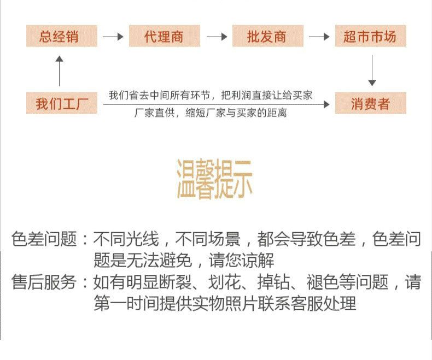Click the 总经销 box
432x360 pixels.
59,37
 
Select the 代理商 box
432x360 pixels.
164,37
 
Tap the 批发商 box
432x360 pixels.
267,37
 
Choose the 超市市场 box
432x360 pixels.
370,37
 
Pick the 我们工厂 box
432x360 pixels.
62,103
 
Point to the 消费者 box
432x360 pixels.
370,103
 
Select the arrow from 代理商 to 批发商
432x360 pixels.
216,37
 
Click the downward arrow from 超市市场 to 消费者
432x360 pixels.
372,70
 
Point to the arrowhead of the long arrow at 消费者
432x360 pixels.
326,104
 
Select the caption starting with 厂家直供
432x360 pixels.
211,114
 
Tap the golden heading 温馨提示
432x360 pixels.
214,179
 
